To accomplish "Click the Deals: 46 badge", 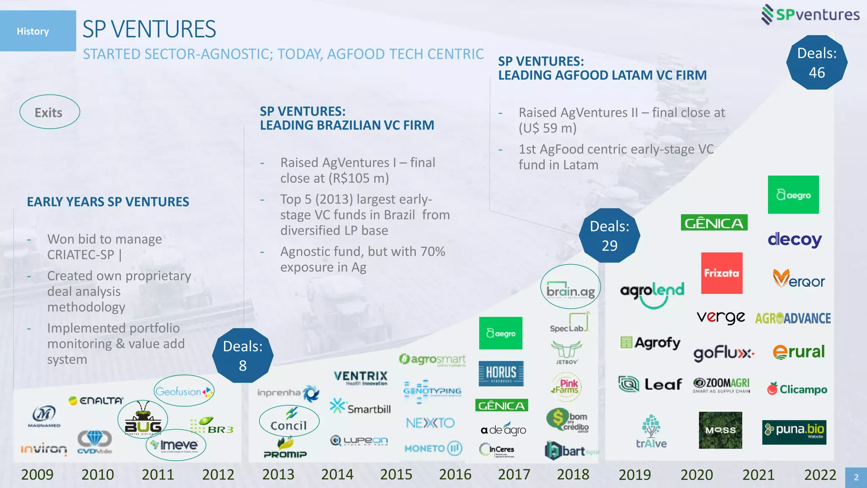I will [817, 63].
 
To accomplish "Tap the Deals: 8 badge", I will [243, 356].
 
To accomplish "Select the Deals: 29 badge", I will [609, 236].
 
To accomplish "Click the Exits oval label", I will [49, 112].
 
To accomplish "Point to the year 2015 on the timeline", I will [396, 474].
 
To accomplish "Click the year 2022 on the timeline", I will [820, 474].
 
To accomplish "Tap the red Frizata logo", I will [721, 273].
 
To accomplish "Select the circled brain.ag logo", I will [570, 287].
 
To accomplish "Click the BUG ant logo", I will [143, 420].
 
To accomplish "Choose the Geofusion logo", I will [184, 391].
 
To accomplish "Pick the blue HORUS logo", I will [501, 373].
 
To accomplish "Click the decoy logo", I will [795, 240].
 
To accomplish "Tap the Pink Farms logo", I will [566, 386].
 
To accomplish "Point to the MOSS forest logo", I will [720, 430].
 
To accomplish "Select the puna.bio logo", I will [794, 432].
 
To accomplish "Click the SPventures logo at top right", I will [810, 15].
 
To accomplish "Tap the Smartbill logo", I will [360, 407].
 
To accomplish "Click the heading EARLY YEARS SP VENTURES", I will [108, 202].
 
